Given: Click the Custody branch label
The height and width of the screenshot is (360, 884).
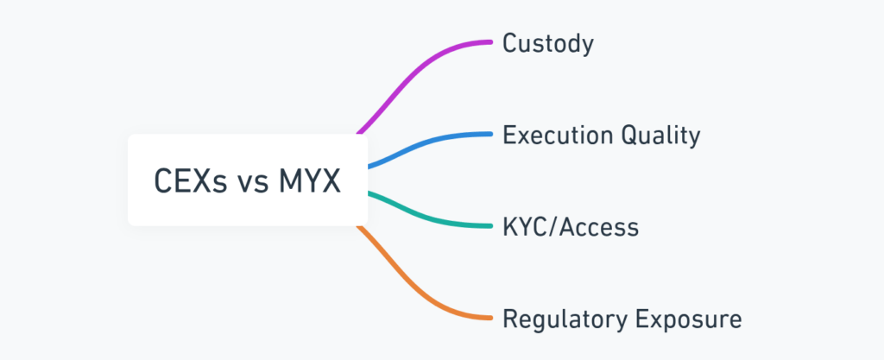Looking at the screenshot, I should coord(548,44).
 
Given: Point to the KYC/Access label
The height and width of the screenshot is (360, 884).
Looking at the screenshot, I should coord(571,227).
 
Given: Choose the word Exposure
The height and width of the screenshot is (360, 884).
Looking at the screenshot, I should coord(689,319).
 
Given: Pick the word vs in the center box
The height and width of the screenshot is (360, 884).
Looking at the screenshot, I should coord(246,183).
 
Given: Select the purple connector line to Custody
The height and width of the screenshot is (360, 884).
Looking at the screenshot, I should coord(423,69).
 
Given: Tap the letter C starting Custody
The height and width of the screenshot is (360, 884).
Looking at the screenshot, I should coord(510,44).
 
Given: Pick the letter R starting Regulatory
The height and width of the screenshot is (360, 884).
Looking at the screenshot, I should coord(510,319).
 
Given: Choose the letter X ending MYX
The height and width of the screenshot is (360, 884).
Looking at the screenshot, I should coord(331,181).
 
